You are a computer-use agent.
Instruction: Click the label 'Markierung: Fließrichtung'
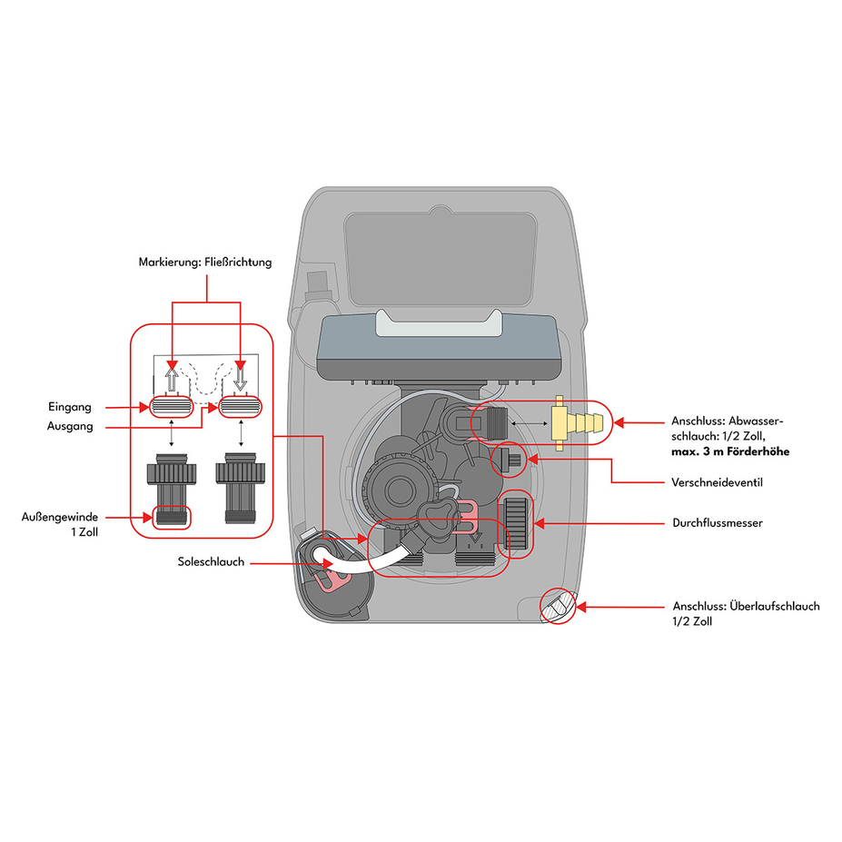(205, 263)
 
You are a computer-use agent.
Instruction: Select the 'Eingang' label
(70, 407)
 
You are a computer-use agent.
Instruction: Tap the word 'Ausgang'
(70, 426)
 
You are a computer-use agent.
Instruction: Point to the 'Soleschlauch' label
(211, 561)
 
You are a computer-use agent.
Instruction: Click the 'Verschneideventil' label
(717, 482)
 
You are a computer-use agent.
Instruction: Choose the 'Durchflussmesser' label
(718, 522)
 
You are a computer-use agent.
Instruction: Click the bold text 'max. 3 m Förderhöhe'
(730, 451)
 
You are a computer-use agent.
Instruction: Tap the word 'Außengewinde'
(60, 517)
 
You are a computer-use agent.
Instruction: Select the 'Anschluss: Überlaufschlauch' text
(747, 606)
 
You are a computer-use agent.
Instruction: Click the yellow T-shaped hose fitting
(575, 423)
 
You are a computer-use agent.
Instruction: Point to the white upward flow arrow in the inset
(172, 378)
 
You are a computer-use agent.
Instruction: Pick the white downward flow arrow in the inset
(240, 376)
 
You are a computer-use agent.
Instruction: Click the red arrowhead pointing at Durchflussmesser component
(540, 523)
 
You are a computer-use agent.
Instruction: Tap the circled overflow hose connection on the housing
(558, 606)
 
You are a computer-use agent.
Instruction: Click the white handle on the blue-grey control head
(439, 323)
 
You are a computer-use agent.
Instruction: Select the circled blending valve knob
(509, 461)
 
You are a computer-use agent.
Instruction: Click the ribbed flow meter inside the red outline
(516, 523)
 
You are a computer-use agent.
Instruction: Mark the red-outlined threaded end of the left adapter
(172, 517)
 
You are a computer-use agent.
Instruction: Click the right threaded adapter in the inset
(240, 488)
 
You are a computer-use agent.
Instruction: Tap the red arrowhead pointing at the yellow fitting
(619, 423)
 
